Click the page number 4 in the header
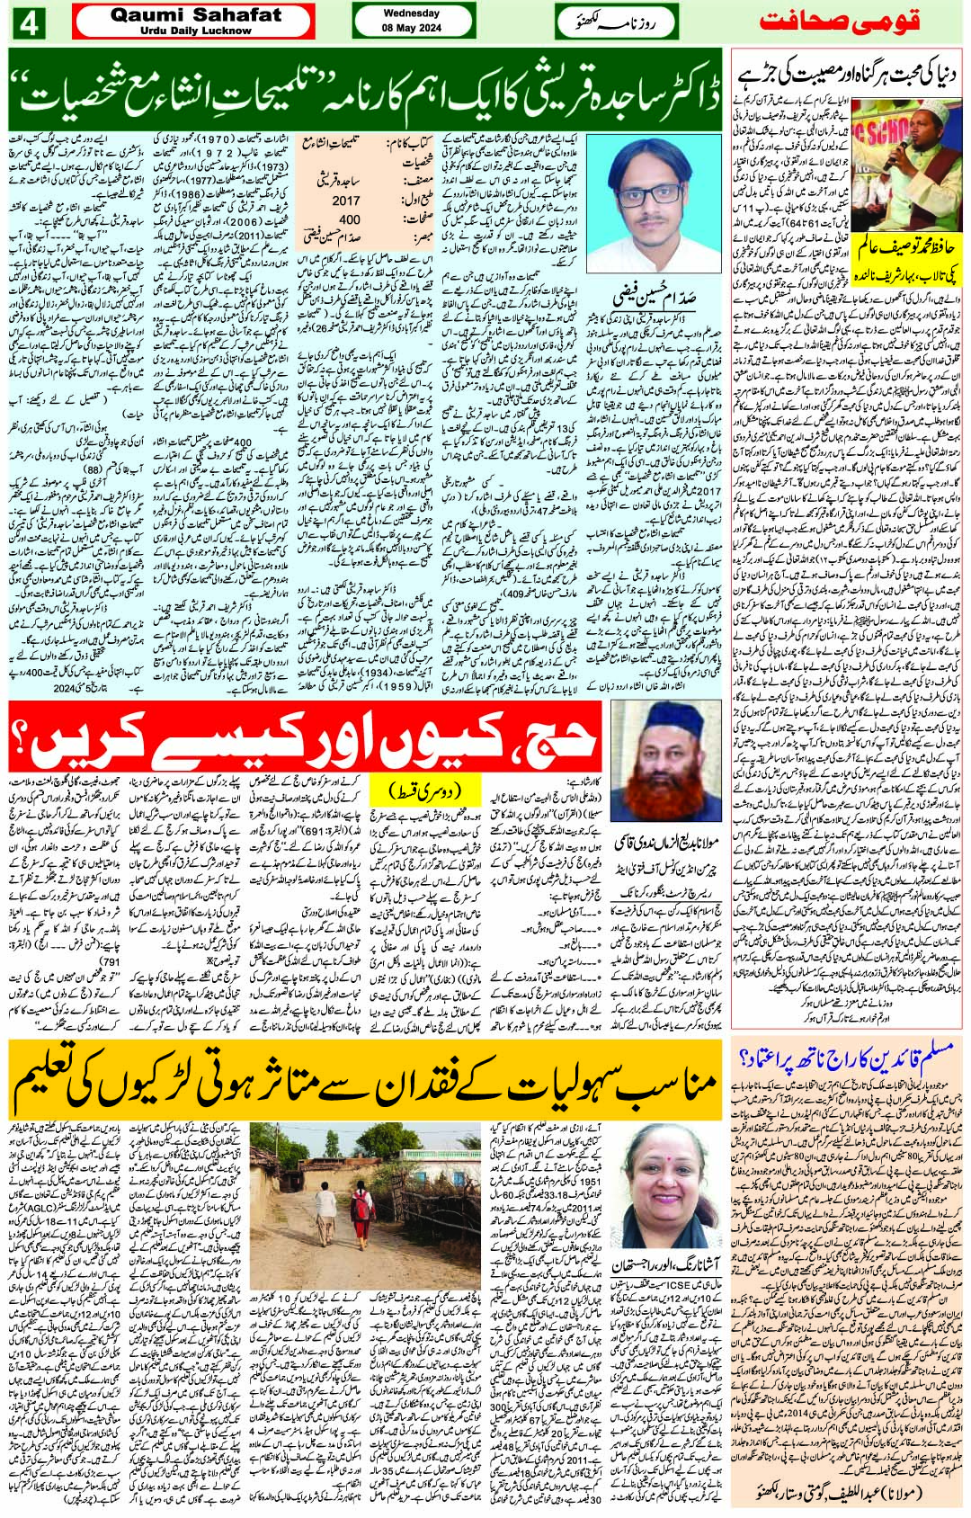click(x=28, y=22)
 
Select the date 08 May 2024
click(x=411, y=25)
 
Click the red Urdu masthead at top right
click(x=842, y=22)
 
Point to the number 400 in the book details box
click(x=349, y=219)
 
